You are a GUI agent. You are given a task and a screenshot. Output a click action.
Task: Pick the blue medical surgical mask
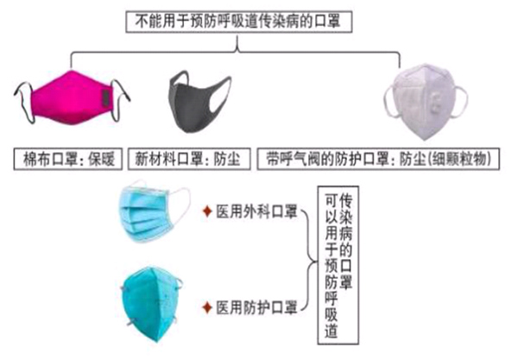click(x=155, y=211)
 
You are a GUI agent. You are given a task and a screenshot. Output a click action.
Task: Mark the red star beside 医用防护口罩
click(x=206, y=306)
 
